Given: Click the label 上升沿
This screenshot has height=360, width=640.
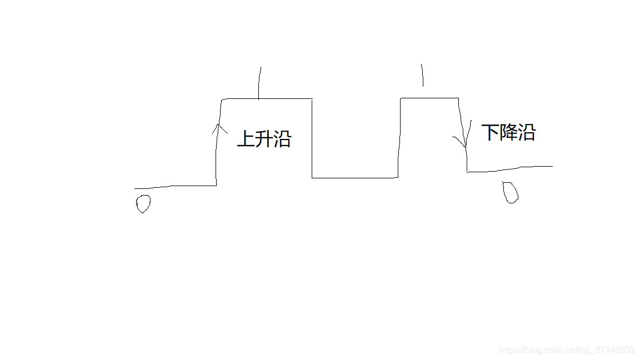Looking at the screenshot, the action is point(264,138).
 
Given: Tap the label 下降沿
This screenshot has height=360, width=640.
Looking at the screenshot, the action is point(508,133).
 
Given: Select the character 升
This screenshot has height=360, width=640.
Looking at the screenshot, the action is point(264,138).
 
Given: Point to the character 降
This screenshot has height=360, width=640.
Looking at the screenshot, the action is point(508,133).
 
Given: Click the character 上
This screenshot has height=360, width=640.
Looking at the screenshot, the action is point(246,138).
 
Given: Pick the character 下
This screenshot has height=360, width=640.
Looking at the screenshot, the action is point(491,133).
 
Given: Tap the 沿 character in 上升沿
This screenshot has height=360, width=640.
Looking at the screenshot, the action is point(282,138).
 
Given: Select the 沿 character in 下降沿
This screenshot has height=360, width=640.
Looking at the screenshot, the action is point(527,133).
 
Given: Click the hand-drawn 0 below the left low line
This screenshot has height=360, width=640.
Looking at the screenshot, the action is point(143,204).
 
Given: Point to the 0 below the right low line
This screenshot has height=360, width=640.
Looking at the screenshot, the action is point(511,192).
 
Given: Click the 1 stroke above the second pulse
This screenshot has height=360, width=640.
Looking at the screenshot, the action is point(422,74).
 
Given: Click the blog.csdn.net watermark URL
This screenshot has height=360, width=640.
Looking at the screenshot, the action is point(567,350).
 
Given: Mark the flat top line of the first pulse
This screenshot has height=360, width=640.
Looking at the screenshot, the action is point(267,99).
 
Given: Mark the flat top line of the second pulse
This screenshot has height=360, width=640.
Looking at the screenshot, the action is point(429,98).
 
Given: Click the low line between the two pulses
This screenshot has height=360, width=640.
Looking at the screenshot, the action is point(354,178).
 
